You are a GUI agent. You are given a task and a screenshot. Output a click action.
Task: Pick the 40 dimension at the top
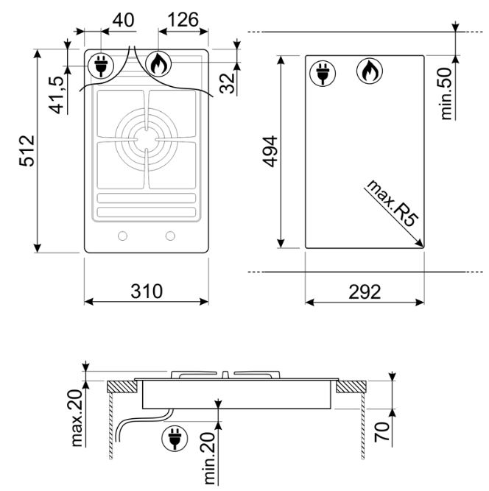(x=124, y=20)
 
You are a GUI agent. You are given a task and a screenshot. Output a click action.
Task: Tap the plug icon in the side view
(x=173, y=439)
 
